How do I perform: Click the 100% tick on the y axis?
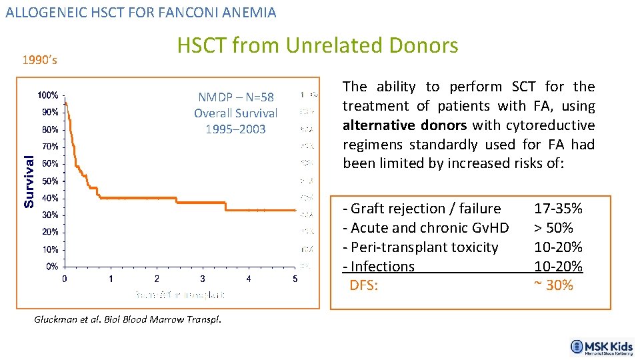tap(47, 95)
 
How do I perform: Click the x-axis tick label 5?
tap(295, 279)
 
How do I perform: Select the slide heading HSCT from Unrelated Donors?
tap(317, 45)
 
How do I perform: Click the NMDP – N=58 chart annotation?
tap(235, 97)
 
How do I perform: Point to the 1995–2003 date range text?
tap(235, 129)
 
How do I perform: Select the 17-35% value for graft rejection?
tap(558, 209)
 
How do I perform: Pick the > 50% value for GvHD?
tap(553, 228)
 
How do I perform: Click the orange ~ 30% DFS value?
tap(553, 285)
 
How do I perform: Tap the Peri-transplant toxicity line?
tap(421, 247)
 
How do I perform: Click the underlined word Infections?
tap(382, 267)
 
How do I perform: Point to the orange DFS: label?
tap(364, 285)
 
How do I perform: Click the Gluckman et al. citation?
tap(127, 319)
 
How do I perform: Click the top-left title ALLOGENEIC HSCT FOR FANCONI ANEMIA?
tap(141, 12)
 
